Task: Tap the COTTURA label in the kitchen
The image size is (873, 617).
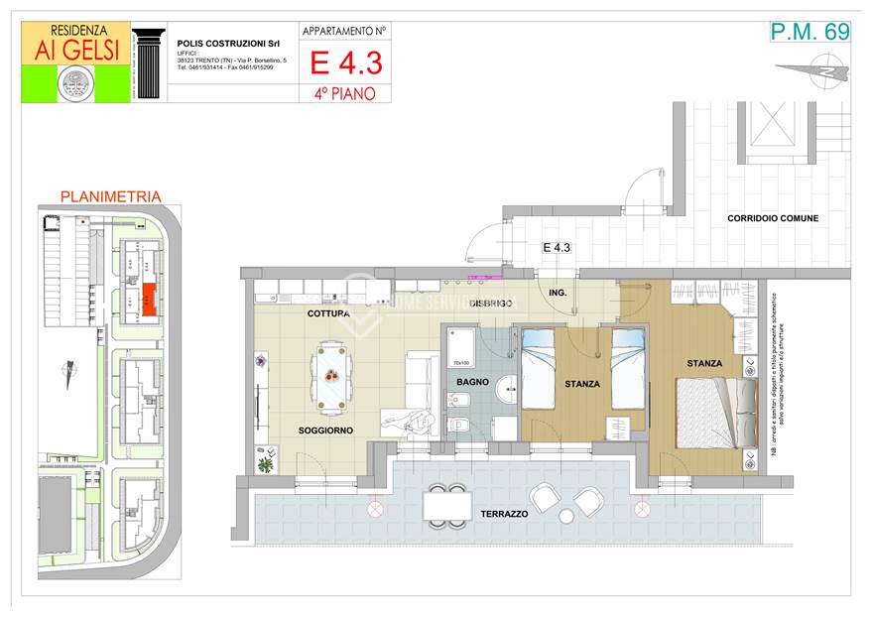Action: tap(327, 313)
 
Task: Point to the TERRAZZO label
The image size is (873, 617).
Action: tap(504, 515)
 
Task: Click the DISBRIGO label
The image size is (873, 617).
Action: tap(490, 303)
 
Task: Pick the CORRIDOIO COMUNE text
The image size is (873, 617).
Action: tap(773, 217)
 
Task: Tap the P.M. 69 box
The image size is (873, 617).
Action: tap(810, 32)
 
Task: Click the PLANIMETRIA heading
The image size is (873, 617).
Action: tap(110, 196)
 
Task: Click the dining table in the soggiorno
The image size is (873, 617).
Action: tap(331, 376)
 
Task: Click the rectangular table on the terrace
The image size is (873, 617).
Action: tap(447, 506)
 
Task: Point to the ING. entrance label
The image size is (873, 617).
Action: tap(557, 293)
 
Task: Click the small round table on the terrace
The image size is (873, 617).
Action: tap(566, 516)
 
